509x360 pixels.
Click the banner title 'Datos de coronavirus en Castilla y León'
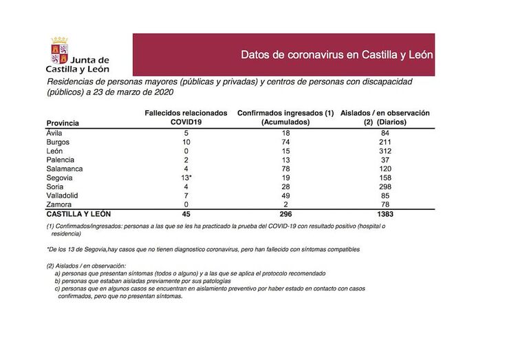tap(336, 54)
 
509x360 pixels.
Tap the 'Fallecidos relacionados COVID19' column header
tap(186, 117)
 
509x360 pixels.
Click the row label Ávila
tap(54, 133)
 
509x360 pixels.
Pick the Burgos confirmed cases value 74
tap(286, 142)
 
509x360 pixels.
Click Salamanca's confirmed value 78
tap(286, 169)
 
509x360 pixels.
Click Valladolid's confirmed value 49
tap(286, 196)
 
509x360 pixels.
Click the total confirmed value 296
tap(286, 215)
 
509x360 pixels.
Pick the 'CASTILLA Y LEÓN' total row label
tap(78, 215)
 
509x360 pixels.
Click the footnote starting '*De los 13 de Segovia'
tap(203, 248)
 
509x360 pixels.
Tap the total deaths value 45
tap(186, 215)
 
